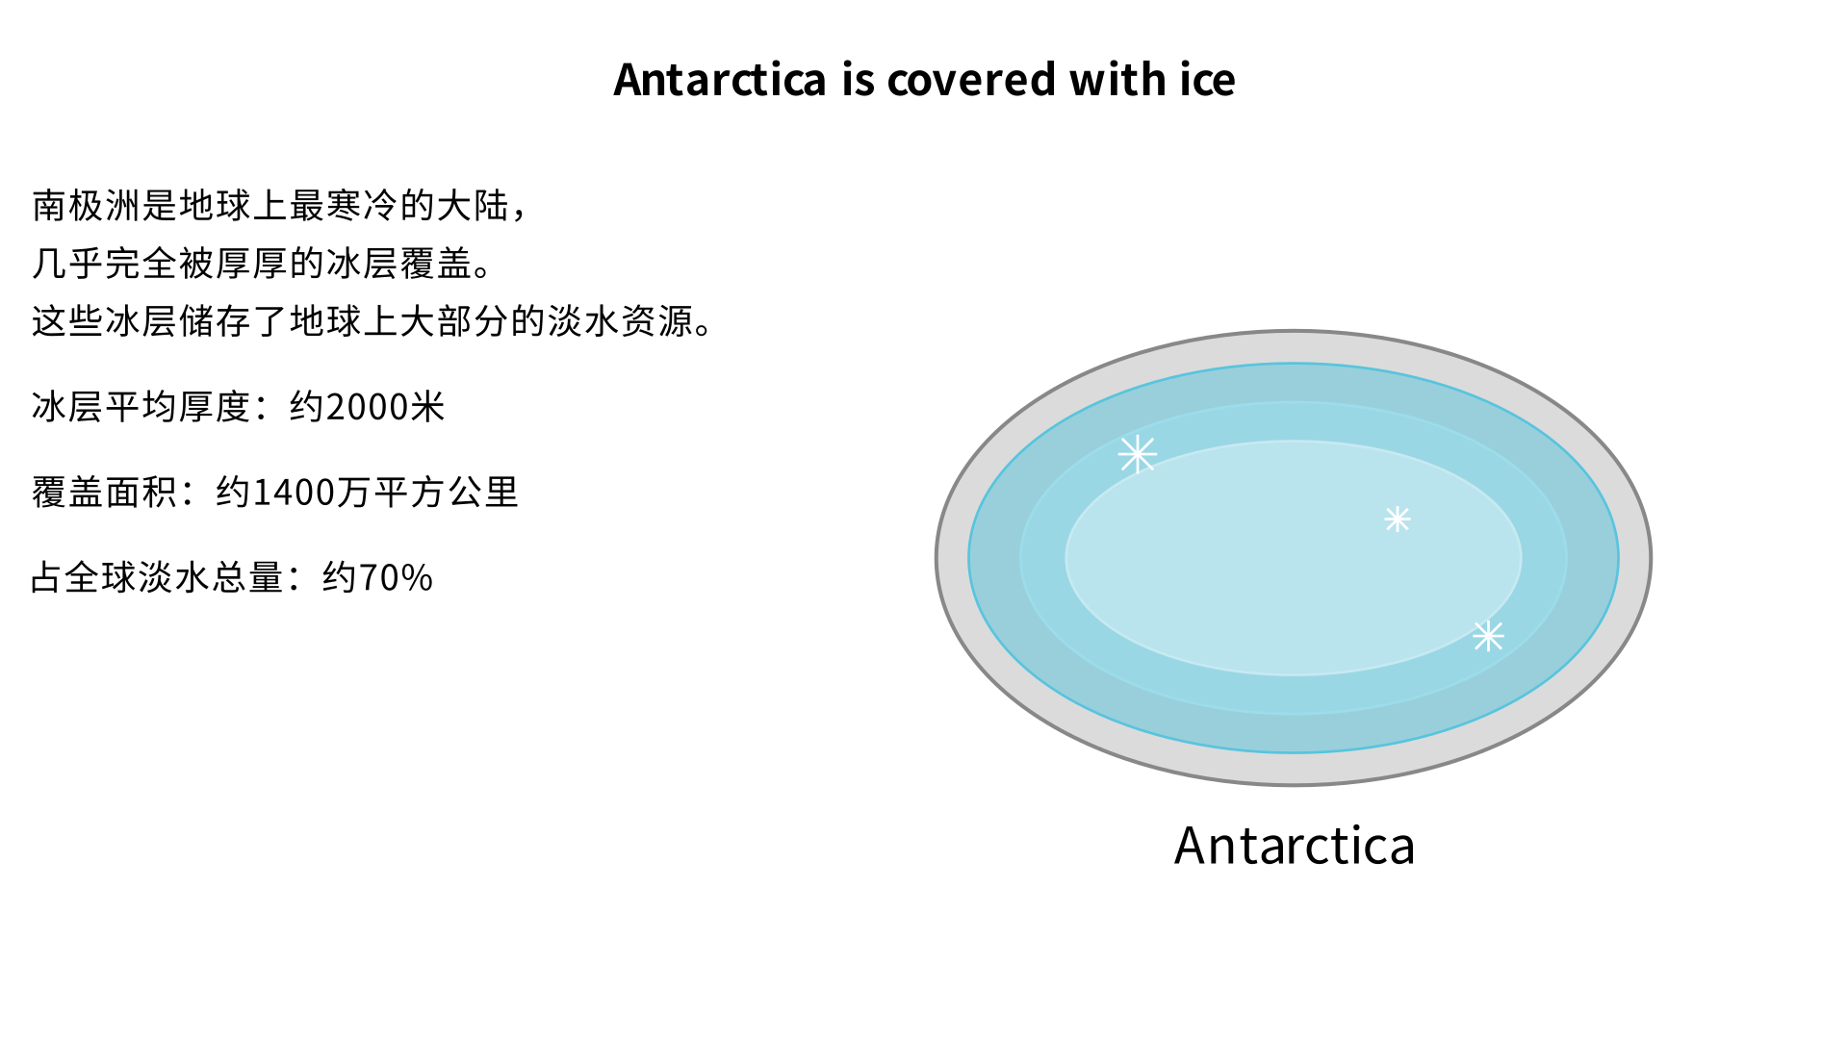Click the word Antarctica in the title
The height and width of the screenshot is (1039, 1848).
(x=720, y=80)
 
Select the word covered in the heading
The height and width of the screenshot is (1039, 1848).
(x=971, y=80)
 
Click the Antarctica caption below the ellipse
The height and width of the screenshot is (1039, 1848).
(x=1294, y=846)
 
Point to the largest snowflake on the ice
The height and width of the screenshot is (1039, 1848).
(x=1138, y=454)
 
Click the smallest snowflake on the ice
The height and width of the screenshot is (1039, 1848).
(x=1398, y=519)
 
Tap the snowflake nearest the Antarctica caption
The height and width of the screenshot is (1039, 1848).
(x=1488, y=636)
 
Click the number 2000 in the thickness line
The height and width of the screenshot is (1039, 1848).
(x=368, y=407)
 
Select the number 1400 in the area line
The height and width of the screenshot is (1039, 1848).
(x=293, y=493)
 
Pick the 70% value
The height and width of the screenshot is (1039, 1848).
(x=396, y=578)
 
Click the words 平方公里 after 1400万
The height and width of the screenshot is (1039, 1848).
(x=446, y=493)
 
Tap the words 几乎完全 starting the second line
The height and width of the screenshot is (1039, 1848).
(x=104, y=264)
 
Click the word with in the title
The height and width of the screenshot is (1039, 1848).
(x=1117, y=80)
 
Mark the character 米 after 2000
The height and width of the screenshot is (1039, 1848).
(x=427, y=407)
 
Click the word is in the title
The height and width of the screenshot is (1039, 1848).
(x=857, y=80)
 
